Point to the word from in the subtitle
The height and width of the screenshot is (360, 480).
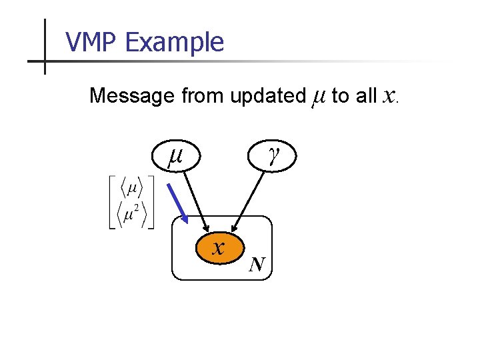pos(203,96)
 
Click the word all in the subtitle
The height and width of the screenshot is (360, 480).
pos(366,96)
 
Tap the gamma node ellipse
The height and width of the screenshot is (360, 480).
pos(273,156)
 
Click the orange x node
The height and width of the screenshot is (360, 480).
pos(218,248)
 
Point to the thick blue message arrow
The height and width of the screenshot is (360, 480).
pos(176,204)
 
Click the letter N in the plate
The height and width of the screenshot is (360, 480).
pos(257,266)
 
